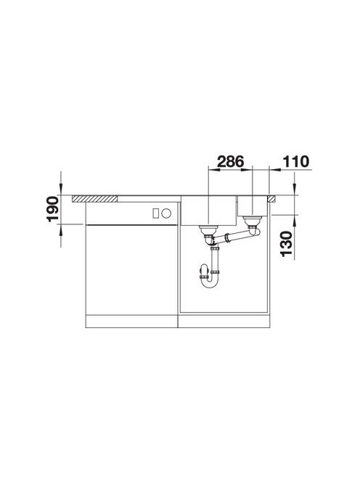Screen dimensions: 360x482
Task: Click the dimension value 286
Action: click(230, 162)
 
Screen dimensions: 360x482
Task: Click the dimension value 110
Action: click(295, 162)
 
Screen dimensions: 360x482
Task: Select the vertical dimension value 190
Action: click(52, 209)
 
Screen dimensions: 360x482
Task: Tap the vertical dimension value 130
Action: click(286, 244)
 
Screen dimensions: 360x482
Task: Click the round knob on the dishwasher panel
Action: click(166, 213)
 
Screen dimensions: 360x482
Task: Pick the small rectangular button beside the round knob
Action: click(156, 213)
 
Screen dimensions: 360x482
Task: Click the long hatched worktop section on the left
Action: click(94, 199)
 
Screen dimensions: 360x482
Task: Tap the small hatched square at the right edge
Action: click(272, 199)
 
